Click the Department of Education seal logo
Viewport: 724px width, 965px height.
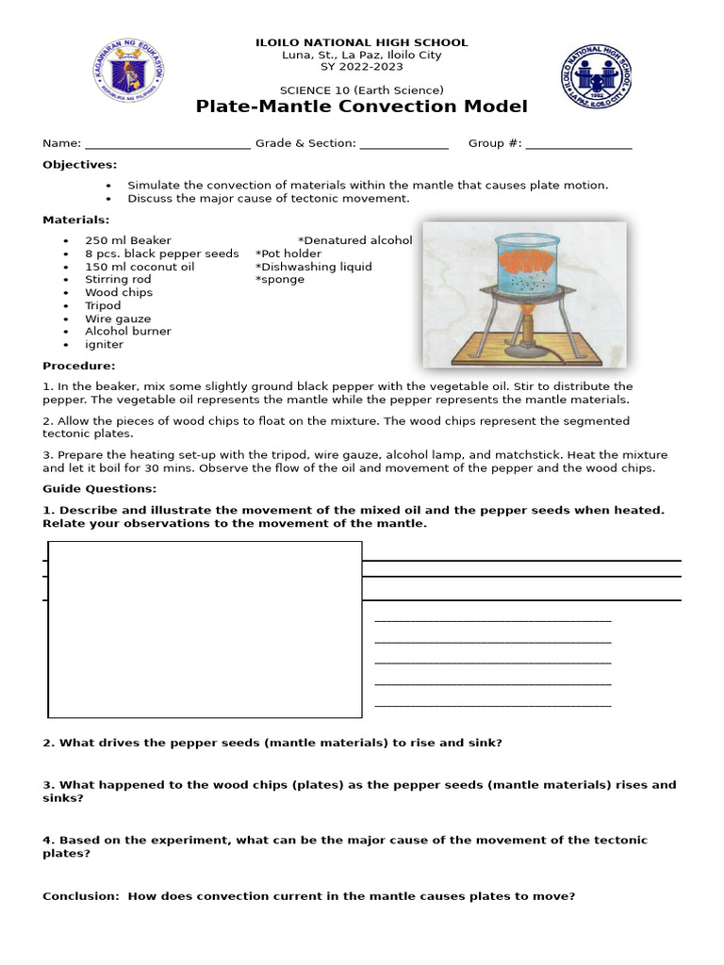(x=130, y=71)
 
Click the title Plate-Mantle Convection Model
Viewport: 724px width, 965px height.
(x=361, y=106)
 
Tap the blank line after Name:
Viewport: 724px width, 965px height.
(x=167, y=144)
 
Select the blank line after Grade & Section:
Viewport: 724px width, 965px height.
(x=403, y=144)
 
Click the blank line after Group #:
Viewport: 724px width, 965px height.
(x=578, y=144)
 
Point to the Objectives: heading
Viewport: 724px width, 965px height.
(x=79, y=165)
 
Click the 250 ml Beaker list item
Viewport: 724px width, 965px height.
(x=128, y=240)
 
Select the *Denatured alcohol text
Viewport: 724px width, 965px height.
(x=355, y=240)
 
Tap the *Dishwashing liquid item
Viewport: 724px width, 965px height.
(x=313, y=267)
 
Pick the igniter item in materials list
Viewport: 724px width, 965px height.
(x=104, y=345)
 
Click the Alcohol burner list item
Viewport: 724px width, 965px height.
(x=128, y=332)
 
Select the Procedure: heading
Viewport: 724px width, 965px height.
(x=79, y=366)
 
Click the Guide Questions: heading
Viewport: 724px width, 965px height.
(x=100, y=488)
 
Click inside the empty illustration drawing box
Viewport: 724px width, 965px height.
(x=205, y=629)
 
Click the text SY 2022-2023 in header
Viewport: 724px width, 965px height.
(x=361, y=67)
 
